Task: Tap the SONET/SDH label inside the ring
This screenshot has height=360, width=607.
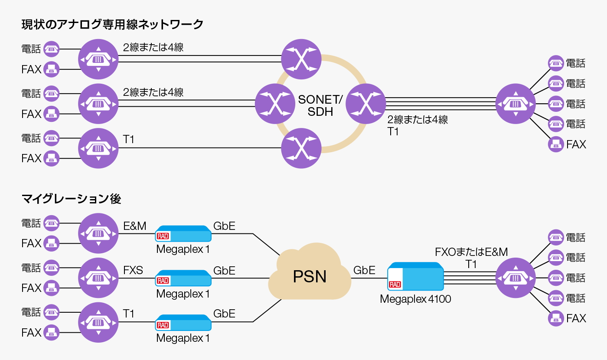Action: pos(320,105)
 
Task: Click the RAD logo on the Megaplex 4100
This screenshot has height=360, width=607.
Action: pos(395,285)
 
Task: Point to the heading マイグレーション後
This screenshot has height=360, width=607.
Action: pos(71,199)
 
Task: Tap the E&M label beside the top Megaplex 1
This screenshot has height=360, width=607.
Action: pos(134,226)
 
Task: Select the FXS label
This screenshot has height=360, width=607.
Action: pos(133,270)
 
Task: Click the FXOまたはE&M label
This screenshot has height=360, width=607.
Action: pos(471,252)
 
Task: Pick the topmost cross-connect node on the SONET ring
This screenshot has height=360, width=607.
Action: pos(301,59)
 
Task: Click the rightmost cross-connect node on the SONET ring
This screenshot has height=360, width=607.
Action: pos(366,103)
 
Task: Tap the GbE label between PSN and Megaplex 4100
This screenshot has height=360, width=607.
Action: pos(364,270)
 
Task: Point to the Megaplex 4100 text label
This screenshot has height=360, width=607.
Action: pos(415,299)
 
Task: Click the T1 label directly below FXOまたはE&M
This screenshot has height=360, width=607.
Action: pos(471,264)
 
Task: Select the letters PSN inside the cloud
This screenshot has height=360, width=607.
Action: pos(310,276)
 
